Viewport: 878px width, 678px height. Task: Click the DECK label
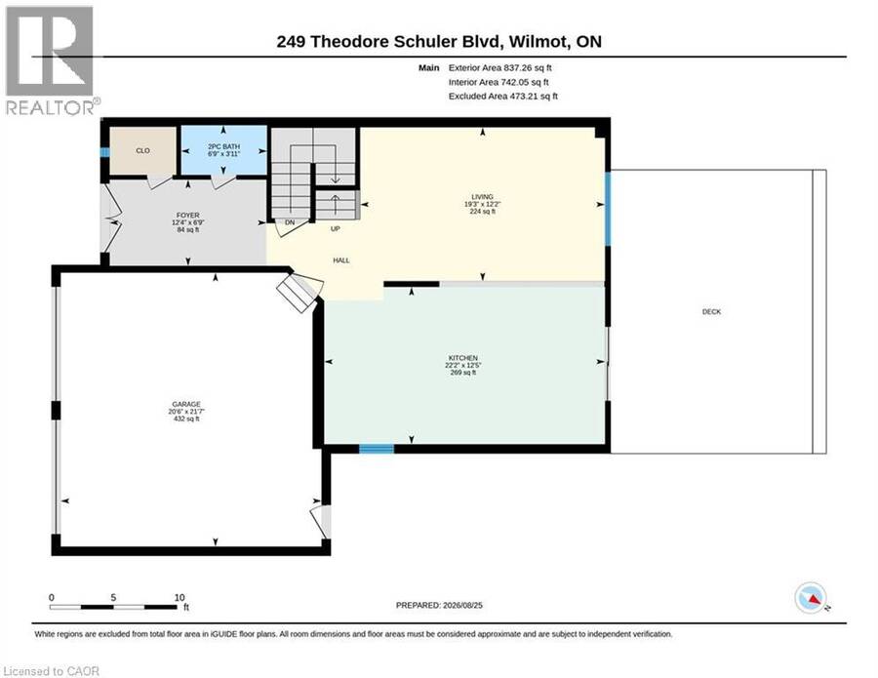[x=712, y=312]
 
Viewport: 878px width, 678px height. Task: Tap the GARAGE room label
[x=186, y=404]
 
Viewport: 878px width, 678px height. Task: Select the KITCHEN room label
[x=463, y=358]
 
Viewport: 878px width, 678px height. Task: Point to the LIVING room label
[x=482, y=196]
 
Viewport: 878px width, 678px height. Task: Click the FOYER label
[x=188, y=215]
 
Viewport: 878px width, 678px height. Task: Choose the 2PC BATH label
[x=223, y=146]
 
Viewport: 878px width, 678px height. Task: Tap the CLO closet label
[x=142, y=150]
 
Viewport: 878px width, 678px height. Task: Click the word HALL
[x=341, y=260]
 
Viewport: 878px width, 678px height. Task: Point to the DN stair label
[x=290, y=222]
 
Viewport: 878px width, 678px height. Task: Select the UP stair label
[x=336, y=228]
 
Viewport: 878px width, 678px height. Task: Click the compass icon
[x=811, y=598]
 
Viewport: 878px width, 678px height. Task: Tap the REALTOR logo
[x=51, y=60]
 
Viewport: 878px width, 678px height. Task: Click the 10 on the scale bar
[x=180, y=597]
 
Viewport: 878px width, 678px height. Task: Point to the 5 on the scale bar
[x=114, y=597]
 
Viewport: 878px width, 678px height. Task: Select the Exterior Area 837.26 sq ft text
[x=500, y=67]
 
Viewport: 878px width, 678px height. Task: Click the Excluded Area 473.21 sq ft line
[x=502, y=97]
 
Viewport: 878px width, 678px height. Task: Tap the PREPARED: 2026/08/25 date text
[x=439, y=605]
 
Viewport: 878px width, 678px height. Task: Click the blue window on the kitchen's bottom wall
[x=377, y=449]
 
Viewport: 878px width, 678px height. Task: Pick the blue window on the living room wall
[x=608, y=208]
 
